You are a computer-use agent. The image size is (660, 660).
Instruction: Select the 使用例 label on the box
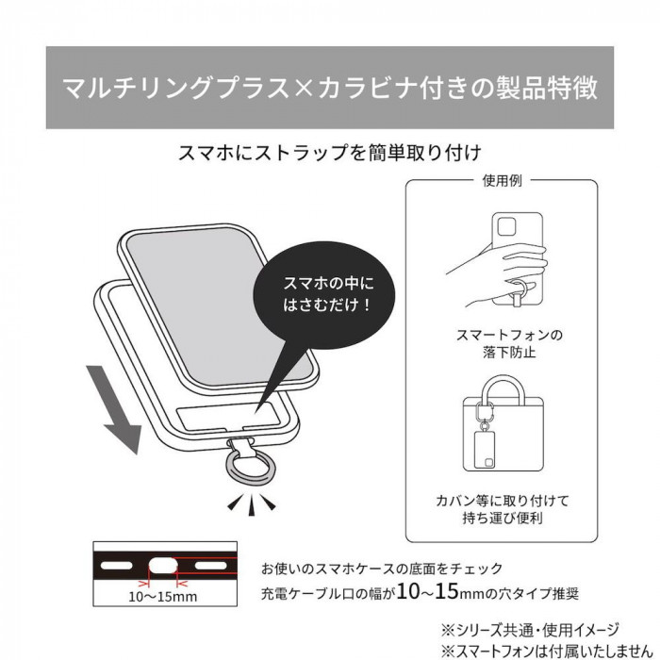tap(502, 181)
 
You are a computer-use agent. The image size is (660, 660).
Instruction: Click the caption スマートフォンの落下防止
tap(509, 343)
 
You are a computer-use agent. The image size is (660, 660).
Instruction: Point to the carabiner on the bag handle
tap(483, 410)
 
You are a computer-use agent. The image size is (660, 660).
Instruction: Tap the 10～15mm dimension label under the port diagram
tap(162, 597)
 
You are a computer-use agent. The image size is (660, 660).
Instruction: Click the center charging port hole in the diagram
tap(164, 566)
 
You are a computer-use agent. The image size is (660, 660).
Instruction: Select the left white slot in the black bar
tap(117, 566)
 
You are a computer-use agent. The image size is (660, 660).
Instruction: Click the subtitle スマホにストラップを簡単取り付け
tap(330, 153)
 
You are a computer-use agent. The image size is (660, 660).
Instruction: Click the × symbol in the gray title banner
tap(303, 89)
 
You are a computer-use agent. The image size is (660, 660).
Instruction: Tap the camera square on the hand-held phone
tap(506, 227)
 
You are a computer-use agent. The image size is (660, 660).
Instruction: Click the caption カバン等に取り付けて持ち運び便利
tap(503, 509)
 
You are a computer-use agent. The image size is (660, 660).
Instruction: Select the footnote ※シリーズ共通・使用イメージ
tap(530, 630)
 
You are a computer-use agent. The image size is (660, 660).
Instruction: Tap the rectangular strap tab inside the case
tap(228, 417)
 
